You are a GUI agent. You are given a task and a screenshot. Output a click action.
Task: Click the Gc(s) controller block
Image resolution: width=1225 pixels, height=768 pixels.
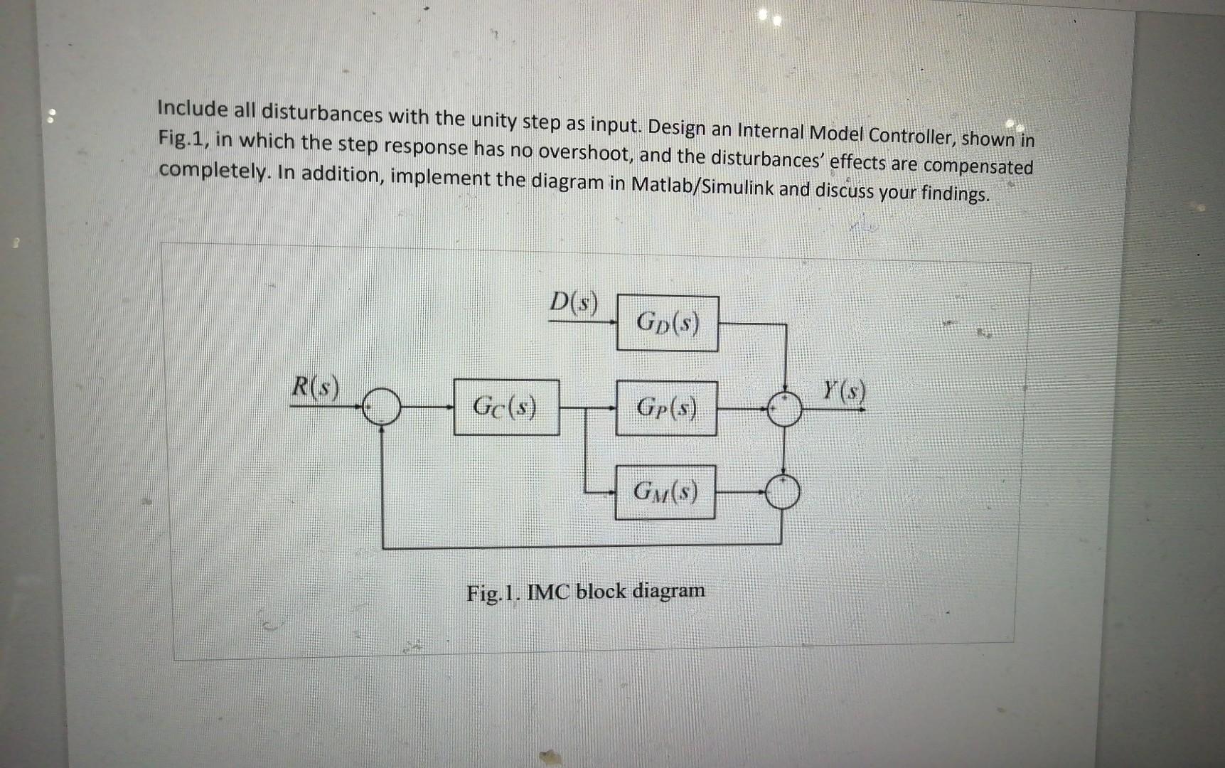(506, 407)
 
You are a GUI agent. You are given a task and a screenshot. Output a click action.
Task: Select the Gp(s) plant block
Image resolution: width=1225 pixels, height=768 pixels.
(666, 407)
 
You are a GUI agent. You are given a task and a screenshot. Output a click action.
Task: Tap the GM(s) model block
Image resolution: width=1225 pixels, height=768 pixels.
(665, 491)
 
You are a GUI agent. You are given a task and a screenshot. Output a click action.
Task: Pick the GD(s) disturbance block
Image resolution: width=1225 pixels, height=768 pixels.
(667, 324)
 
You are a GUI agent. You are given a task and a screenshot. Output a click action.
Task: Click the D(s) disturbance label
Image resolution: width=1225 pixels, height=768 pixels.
(574, 304)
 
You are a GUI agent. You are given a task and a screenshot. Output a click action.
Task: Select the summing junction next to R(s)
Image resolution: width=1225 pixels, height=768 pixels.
(382, 407)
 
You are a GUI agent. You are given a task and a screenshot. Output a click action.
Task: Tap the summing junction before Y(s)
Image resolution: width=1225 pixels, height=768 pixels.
(784, 409)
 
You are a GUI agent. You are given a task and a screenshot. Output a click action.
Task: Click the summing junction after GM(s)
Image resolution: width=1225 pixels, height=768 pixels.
(782, 491)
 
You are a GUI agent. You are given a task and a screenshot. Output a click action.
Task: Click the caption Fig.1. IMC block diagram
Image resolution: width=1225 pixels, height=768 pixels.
(585, 592)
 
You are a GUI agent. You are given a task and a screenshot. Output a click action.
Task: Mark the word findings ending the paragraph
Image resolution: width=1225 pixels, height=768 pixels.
(952, 193)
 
